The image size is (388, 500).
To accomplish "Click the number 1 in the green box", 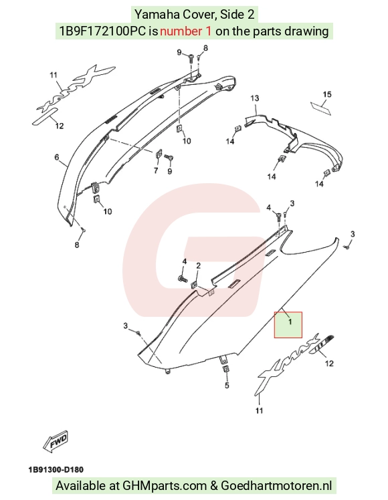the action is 290,322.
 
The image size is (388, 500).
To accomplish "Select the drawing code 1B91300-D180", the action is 56,470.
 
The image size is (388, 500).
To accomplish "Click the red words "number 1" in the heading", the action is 185,31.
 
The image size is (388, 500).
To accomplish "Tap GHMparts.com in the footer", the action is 165,486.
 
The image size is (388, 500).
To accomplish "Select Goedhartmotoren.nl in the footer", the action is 276,486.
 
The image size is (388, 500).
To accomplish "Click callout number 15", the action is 326,94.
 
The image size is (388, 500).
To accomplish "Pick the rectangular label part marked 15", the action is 321,108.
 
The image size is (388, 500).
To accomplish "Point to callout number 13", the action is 255,98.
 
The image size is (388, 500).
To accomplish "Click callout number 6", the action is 57,157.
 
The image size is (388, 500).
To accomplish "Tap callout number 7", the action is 156,170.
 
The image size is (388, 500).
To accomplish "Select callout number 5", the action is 227,386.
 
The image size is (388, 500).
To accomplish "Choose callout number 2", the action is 198,265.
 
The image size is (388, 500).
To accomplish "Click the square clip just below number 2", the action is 194,285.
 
